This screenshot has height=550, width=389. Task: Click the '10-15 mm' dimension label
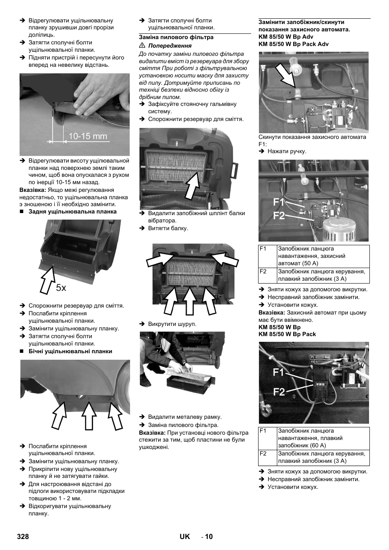88,136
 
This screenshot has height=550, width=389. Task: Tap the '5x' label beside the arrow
61,288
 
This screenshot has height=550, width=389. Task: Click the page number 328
23,537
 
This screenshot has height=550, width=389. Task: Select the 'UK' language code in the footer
185,537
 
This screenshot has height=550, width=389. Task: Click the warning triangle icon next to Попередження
142,46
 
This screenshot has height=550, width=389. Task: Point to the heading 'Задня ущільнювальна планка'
72,212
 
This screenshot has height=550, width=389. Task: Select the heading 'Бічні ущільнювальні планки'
70,351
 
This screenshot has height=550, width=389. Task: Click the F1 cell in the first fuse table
267,256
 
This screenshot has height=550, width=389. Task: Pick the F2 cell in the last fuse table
267,457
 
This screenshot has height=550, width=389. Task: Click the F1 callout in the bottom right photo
279,372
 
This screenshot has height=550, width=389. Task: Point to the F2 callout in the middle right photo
279,216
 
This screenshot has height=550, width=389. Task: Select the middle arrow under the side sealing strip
88,415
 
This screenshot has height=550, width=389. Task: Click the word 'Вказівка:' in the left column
33,190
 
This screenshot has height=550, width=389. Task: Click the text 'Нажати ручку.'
287,151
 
